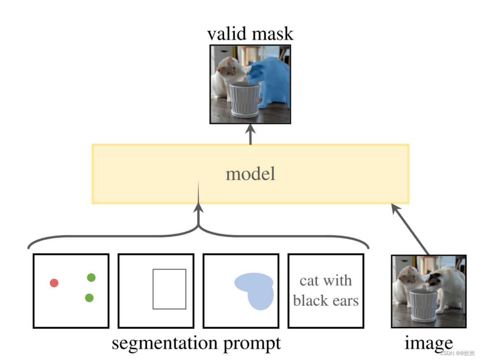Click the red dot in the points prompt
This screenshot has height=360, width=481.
click(x=54, y=283)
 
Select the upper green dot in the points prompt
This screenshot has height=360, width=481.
click(x=91, y=278)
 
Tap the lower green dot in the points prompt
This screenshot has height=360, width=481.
click(x=89, y=297)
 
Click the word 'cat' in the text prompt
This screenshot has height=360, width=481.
click(x=309, y=281)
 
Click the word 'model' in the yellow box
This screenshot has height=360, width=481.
click(x=250, y=174)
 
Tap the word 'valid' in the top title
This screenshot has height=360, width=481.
click(x=228, y=33)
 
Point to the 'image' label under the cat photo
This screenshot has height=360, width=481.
click(x=428, y=343)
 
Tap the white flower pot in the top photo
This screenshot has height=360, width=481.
click(x=245, y=99)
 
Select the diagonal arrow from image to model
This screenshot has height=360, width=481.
click(x=411, y=229)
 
